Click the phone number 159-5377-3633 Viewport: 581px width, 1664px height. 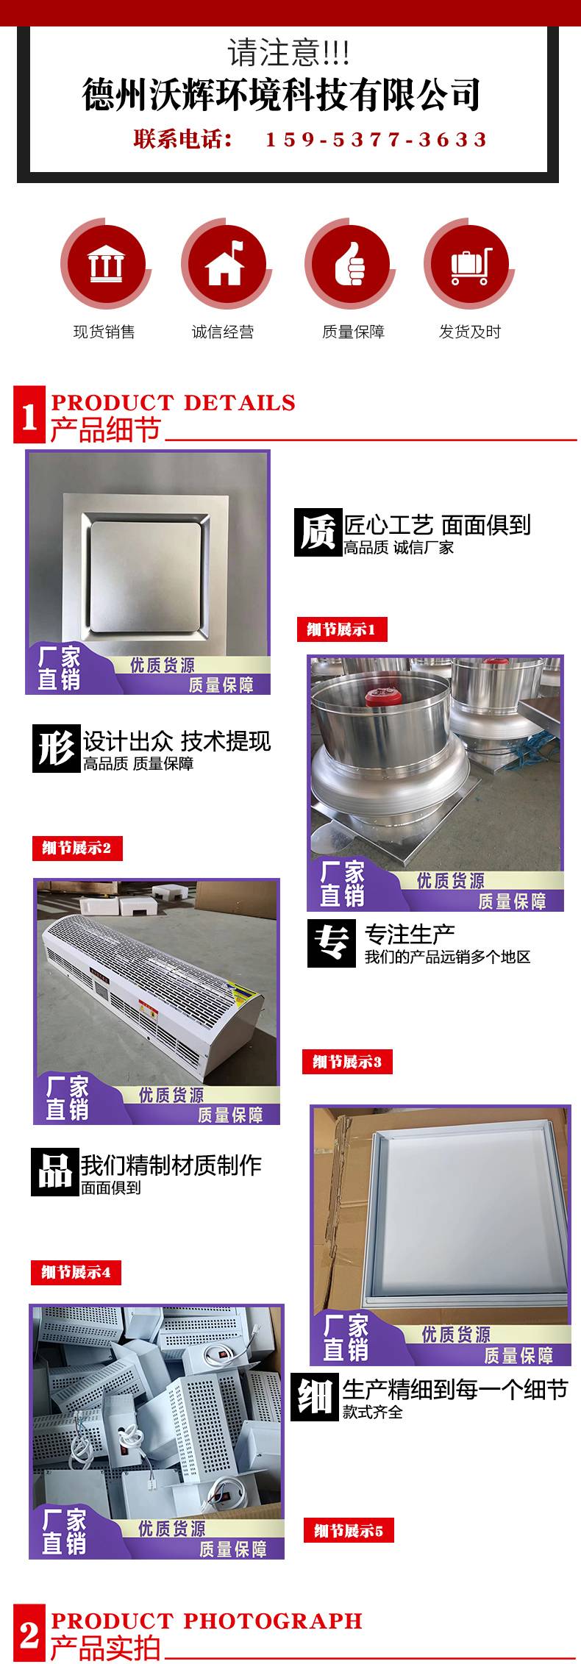tap(376, 140)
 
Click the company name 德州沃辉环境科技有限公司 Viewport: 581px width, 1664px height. tap(282, 95)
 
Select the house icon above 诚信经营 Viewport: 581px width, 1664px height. tap(225, 263)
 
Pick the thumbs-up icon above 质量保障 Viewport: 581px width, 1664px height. tap(350, 263)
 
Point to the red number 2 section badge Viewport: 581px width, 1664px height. tap(29, 1634)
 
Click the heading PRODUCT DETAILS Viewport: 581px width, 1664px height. tap(174, 402)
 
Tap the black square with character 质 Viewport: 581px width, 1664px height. tap(318, 532)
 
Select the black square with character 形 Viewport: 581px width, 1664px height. tap(56, 749)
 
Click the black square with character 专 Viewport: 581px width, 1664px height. tap(332, 943)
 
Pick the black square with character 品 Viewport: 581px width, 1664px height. tap(54, 1172)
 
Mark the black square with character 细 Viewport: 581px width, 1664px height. tap(315, 1397)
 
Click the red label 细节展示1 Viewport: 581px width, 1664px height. tap(342, 629)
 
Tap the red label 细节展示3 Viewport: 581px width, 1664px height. tap(347, 1062)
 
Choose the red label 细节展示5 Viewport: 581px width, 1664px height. tap(349, 1531)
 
